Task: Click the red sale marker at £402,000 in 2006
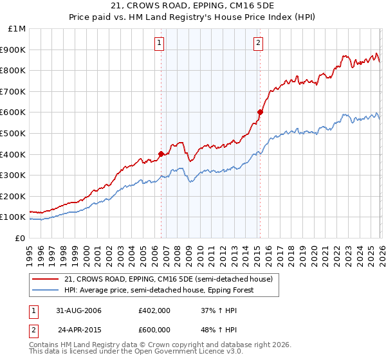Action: coord(161,154)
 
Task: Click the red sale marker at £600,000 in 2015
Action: coord(260,112)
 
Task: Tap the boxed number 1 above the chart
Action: coord(159,43)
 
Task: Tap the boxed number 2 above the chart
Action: coord(257,43)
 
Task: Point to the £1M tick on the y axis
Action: coord(17,29)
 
